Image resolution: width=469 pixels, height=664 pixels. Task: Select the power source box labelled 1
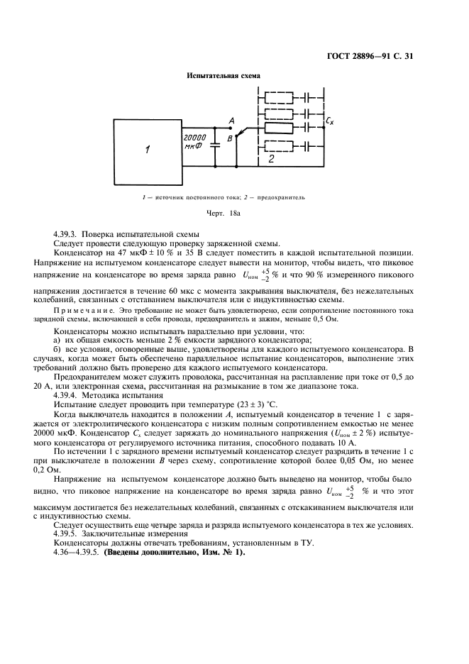click(x=147, y=149)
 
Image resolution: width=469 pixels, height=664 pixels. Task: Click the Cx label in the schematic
click(x=329, y=121)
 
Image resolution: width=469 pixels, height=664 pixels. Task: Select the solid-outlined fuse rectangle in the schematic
click(x=279, y=128)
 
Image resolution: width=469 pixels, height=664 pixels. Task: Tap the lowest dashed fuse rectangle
click(x=279, y=147)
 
